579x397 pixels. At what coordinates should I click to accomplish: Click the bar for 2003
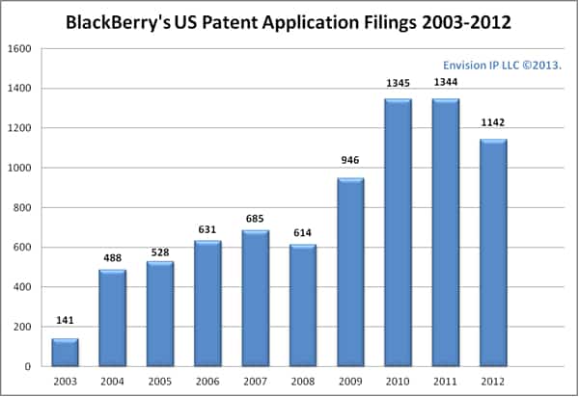(x=65, y=353)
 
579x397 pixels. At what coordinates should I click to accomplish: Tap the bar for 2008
(x=303, y=305)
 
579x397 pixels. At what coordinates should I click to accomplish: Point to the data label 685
(x=256, y=218)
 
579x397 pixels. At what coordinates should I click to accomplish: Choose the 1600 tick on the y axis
(x=20, y=49)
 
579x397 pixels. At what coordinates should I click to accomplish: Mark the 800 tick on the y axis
(x=23, y=207)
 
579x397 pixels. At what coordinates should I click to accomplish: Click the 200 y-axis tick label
(x=23, y=327)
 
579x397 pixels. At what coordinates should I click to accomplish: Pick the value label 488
(x=112, y=257)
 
